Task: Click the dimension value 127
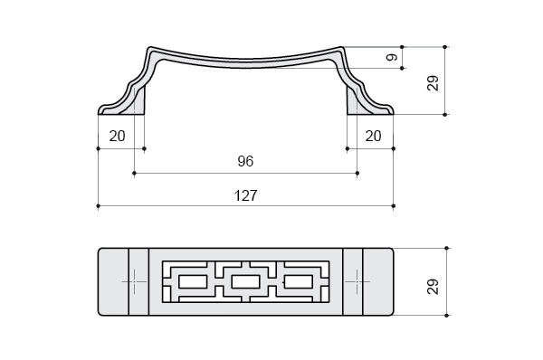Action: click(x=246, y=195)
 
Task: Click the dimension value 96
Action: click(x=245, y=161)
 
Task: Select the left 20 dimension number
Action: click(x=117, y=136)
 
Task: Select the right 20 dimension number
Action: click(x=373, y=136)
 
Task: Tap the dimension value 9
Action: click(x=392, y=57)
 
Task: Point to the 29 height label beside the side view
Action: click(x=433, y=83)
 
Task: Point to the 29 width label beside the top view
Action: click(x=433, y=287)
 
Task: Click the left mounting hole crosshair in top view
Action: click(x=134, y=282)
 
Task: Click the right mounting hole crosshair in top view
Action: click(x=357, y=282)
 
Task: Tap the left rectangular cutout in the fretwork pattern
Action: click(x=193, y=282)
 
